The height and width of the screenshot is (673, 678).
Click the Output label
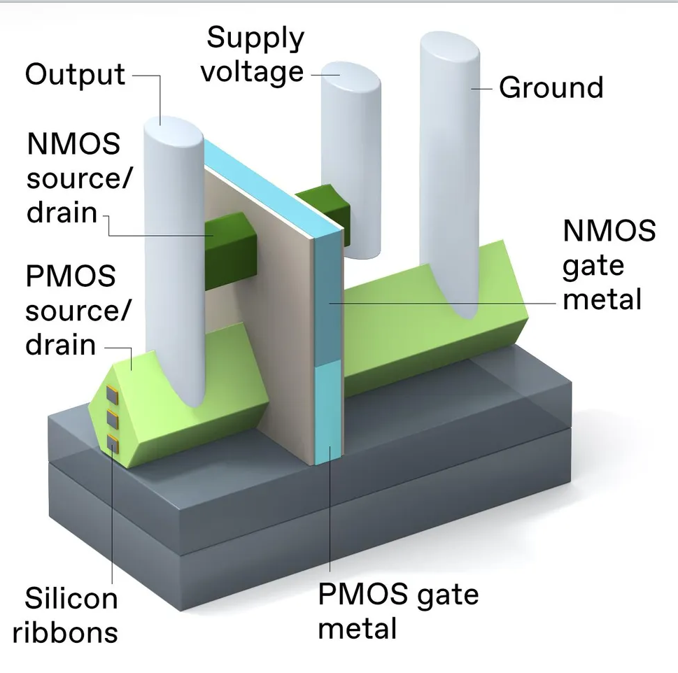[x=75, y=75]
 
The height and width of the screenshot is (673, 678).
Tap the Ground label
[x=551, y=88]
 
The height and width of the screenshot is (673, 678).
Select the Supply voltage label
[x=255, y=55]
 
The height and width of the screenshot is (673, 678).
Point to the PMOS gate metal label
[x=398, y=610]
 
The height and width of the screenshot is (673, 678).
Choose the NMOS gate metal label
[x=609, y=265]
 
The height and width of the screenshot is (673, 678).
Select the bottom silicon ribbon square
[x=111, y=441]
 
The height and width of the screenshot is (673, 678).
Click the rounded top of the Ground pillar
[x=449, y=49]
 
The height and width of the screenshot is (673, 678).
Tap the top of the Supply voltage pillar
[x=350, y=74]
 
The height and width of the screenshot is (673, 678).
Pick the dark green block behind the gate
[x=323, y=203]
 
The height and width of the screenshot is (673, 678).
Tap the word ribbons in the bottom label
[x=65, y=632]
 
